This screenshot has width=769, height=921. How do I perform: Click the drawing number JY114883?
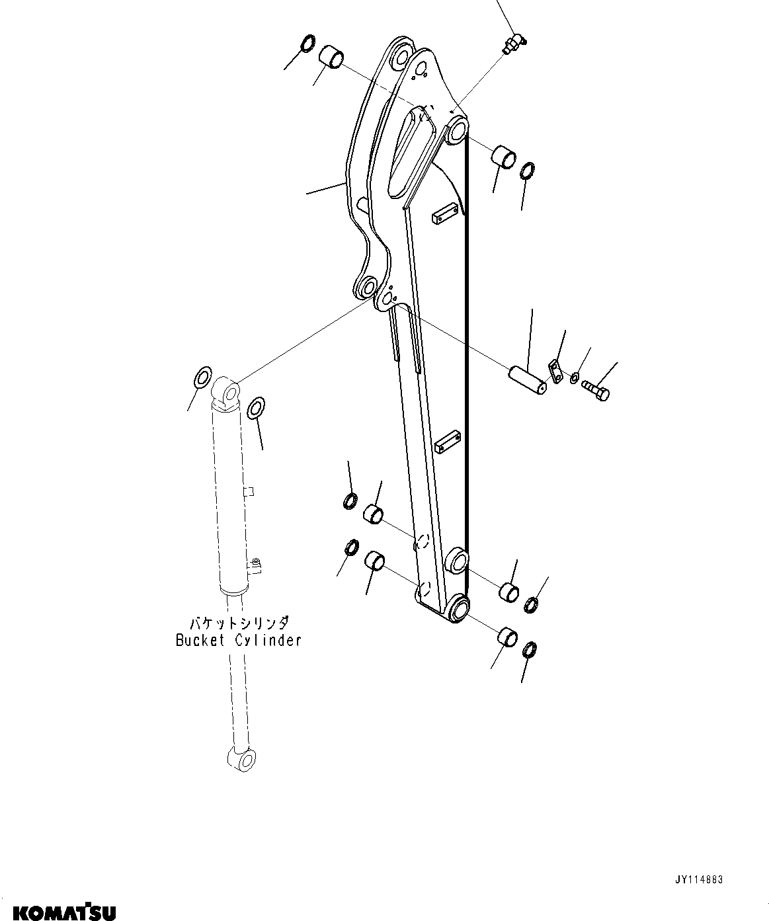click(x=699, y=879)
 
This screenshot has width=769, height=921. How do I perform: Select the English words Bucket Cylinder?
click(x=238, y=640)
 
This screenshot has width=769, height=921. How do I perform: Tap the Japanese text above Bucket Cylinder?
click(x=239, y=623)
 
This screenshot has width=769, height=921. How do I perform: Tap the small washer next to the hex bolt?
click(x=575, y=378)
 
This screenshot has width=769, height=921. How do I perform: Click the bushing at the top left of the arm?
click(x=332, y=58)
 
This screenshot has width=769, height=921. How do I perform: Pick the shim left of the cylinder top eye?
click(x=202, y=380)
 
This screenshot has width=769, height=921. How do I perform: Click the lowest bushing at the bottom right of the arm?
click(x=507, y=637)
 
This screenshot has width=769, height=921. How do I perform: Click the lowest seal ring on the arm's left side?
click(x=352, y=547)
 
